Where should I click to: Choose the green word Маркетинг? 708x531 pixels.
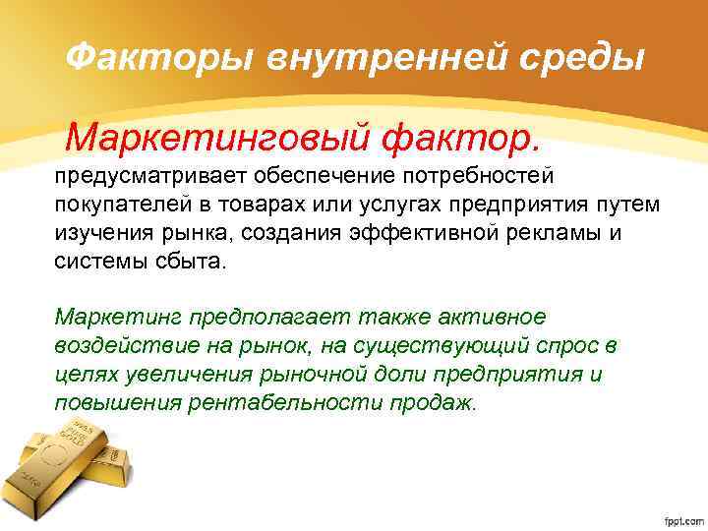click(x=113, y=319)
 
